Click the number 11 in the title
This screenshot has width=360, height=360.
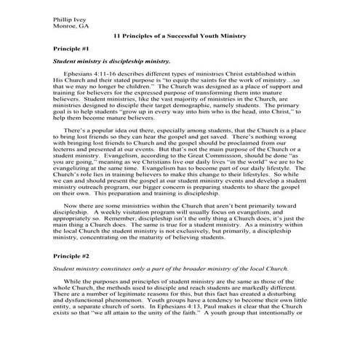[x=119, y=34]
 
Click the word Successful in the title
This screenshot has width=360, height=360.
[x=190, y=34]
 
